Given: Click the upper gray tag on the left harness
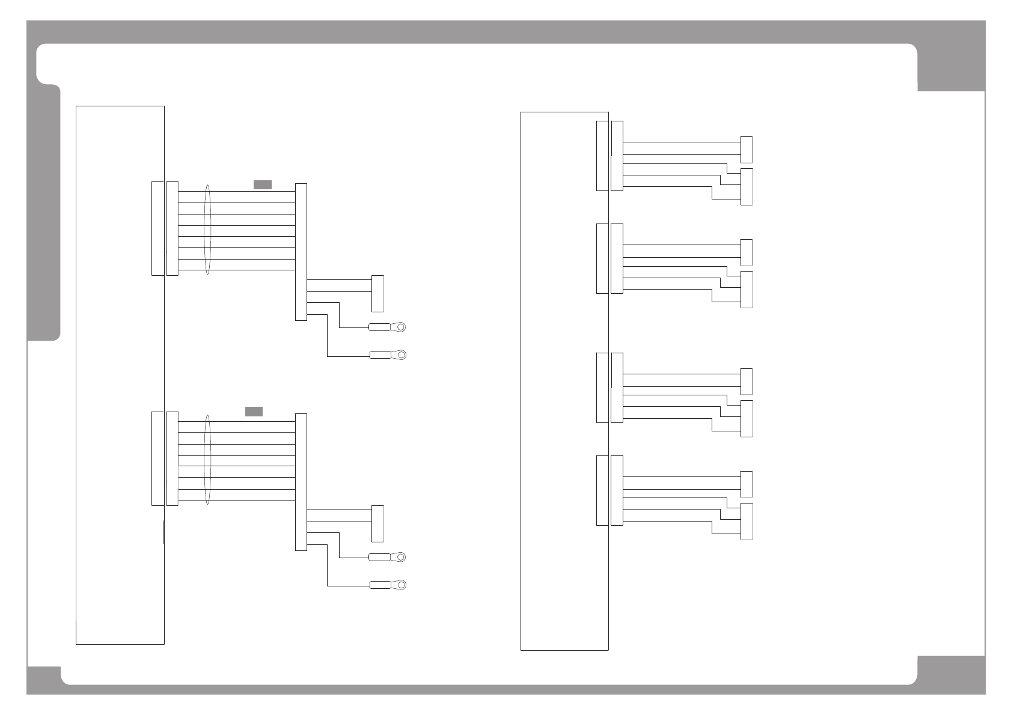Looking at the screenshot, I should pos(262,184).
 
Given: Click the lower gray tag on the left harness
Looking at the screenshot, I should pos(254,412).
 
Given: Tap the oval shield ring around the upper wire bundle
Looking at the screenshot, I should pos(208,230).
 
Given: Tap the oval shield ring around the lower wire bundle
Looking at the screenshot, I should pos(208,460).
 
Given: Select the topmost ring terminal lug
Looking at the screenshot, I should pos(388,327).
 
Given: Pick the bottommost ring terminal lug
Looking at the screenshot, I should pos(388,585).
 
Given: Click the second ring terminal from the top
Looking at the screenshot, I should pos(388,354).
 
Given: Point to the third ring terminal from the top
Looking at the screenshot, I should pos(388,557).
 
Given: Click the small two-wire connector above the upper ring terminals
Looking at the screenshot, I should pos(377,294).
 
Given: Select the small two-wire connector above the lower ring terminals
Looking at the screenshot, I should pos(377,523).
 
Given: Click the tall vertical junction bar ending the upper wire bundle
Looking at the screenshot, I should pos(301,252).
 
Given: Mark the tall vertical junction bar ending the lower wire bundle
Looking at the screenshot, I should pos(301,482).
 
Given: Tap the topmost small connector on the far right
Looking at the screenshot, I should pos(747,150).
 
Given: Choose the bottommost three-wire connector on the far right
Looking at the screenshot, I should pos(747,522).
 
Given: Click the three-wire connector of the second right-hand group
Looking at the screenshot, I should pos(747,290).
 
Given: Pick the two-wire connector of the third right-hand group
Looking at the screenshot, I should pos(747,381).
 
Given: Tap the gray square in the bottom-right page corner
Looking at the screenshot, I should pos(951,675).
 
